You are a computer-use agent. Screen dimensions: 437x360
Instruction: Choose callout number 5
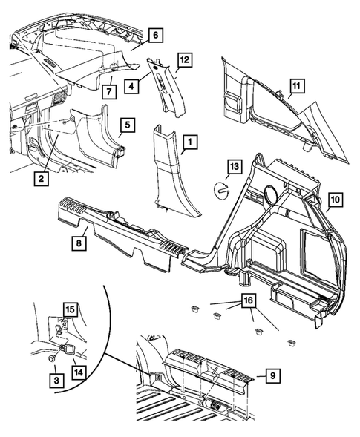(128, 125)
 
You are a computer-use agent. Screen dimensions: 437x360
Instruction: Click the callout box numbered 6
(154, 34)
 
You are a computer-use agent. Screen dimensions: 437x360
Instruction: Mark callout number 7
(109, 91)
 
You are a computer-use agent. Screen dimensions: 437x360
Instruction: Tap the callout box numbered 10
(335, 200)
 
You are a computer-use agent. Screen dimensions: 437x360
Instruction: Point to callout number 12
(185, 59)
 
